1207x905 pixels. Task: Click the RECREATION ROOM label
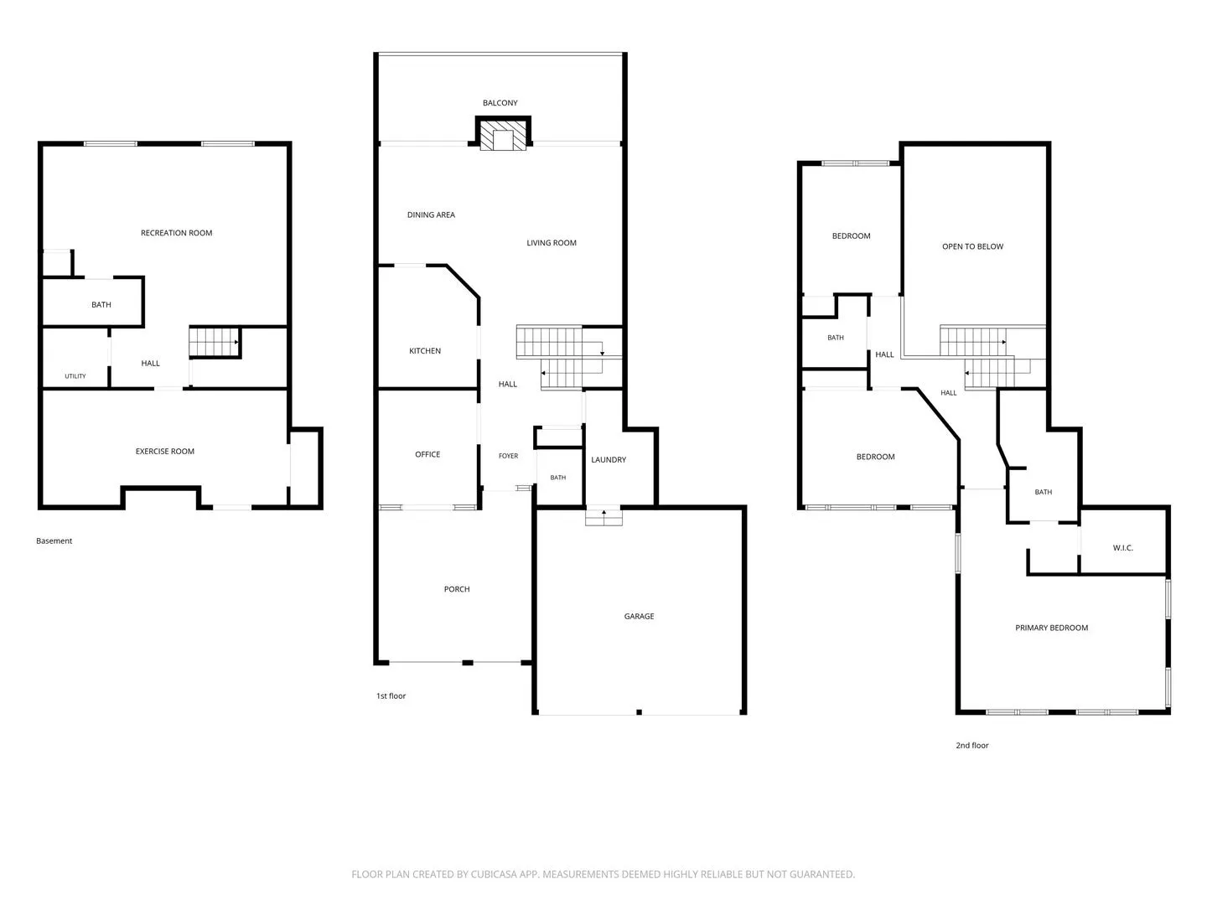tap(176, 233)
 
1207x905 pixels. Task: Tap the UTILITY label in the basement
tap(75, 376)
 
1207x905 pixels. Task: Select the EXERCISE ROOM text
tap(165, 451)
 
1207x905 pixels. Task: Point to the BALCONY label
tap(500, 103)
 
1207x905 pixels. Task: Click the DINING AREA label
tap(431, 215)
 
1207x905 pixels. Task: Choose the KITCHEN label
tap(424, 350)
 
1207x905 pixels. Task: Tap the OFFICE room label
tap(427, 454)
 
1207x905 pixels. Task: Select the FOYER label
tap(508, 456)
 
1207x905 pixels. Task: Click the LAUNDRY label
tap(609, 459)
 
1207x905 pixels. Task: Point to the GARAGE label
tap(639, 617)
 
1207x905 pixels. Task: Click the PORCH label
tap(457, 589)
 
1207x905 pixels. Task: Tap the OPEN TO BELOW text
tap(972, 246)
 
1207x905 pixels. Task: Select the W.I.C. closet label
tap(1122, 548)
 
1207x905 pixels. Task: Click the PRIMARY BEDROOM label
tap(1051, 628)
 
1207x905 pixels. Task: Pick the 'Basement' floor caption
tap(54, 540)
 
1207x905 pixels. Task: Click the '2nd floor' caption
tap(971, 745)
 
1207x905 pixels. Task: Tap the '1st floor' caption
tap(391, 696)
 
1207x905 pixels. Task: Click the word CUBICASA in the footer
tap(493, 874)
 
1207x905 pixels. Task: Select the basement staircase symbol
tap(215, 342)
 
